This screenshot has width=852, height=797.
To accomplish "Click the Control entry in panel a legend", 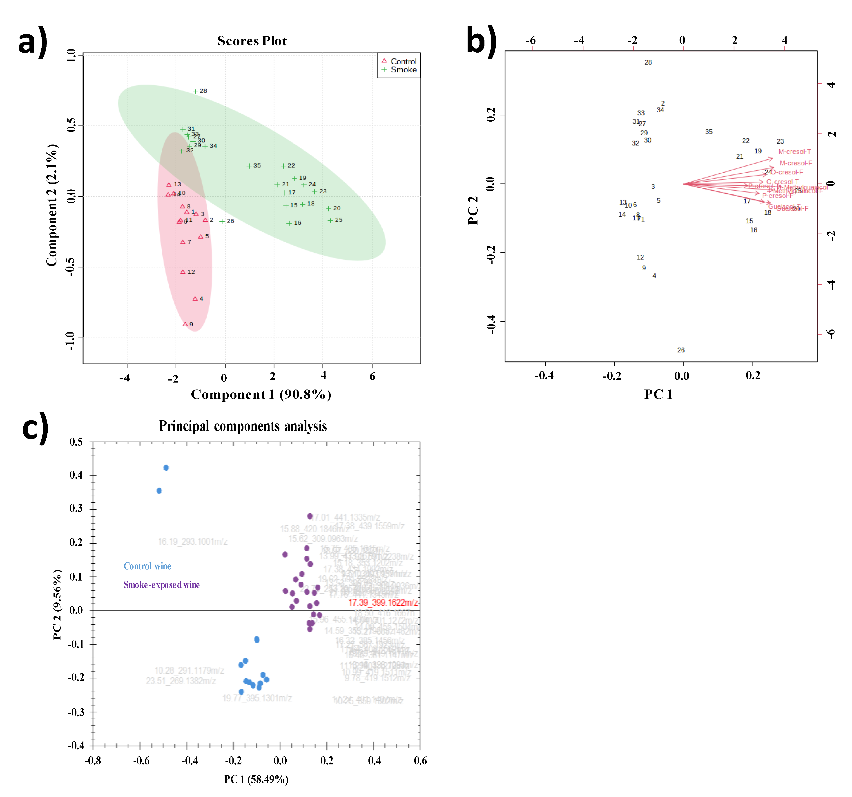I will (403, 61).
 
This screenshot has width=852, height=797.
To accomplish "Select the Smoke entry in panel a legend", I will (403, 70).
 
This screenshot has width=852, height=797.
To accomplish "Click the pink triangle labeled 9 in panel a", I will (185, 324).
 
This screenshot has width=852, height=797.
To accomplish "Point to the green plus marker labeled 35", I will (249, 166).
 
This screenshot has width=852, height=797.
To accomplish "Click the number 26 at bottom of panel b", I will (680, 350).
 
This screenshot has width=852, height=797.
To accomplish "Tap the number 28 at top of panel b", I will (648, 62).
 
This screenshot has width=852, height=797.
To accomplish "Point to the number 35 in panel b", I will (708, 132).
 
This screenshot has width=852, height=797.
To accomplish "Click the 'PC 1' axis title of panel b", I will (658, 394).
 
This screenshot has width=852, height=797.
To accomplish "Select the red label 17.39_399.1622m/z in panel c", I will (383, 602).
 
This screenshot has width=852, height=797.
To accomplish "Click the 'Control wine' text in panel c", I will (147, 566).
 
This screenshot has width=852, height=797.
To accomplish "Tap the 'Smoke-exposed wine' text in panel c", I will (162, 585).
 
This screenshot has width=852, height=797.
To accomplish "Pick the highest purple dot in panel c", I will (309, 516).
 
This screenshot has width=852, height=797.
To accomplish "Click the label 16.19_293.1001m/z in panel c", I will (192, 542).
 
